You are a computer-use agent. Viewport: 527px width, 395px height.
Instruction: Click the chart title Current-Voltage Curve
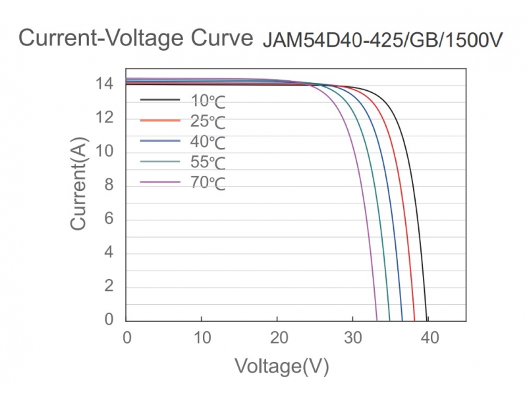tap(136, 38)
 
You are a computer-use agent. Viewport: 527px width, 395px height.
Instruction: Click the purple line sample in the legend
tap(160, 182)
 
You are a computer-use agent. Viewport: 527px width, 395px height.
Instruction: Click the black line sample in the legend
tap(160, 100)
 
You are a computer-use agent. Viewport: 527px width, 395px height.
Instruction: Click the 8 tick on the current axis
tap(109, 186)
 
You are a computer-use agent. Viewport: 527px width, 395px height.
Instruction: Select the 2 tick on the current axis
tap(109, 286)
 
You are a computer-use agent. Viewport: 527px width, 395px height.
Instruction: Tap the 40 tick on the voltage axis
tap(430, 338)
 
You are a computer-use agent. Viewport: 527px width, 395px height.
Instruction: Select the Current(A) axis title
tap(78, 185)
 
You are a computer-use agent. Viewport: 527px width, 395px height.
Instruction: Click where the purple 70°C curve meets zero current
tap(377, 319)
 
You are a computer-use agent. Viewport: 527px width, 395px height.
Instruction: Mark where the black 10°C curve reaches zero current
tap(427, 319)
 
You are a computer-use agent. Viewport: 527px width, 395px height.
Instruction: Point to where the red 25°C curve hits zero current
tap(414, 319)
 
